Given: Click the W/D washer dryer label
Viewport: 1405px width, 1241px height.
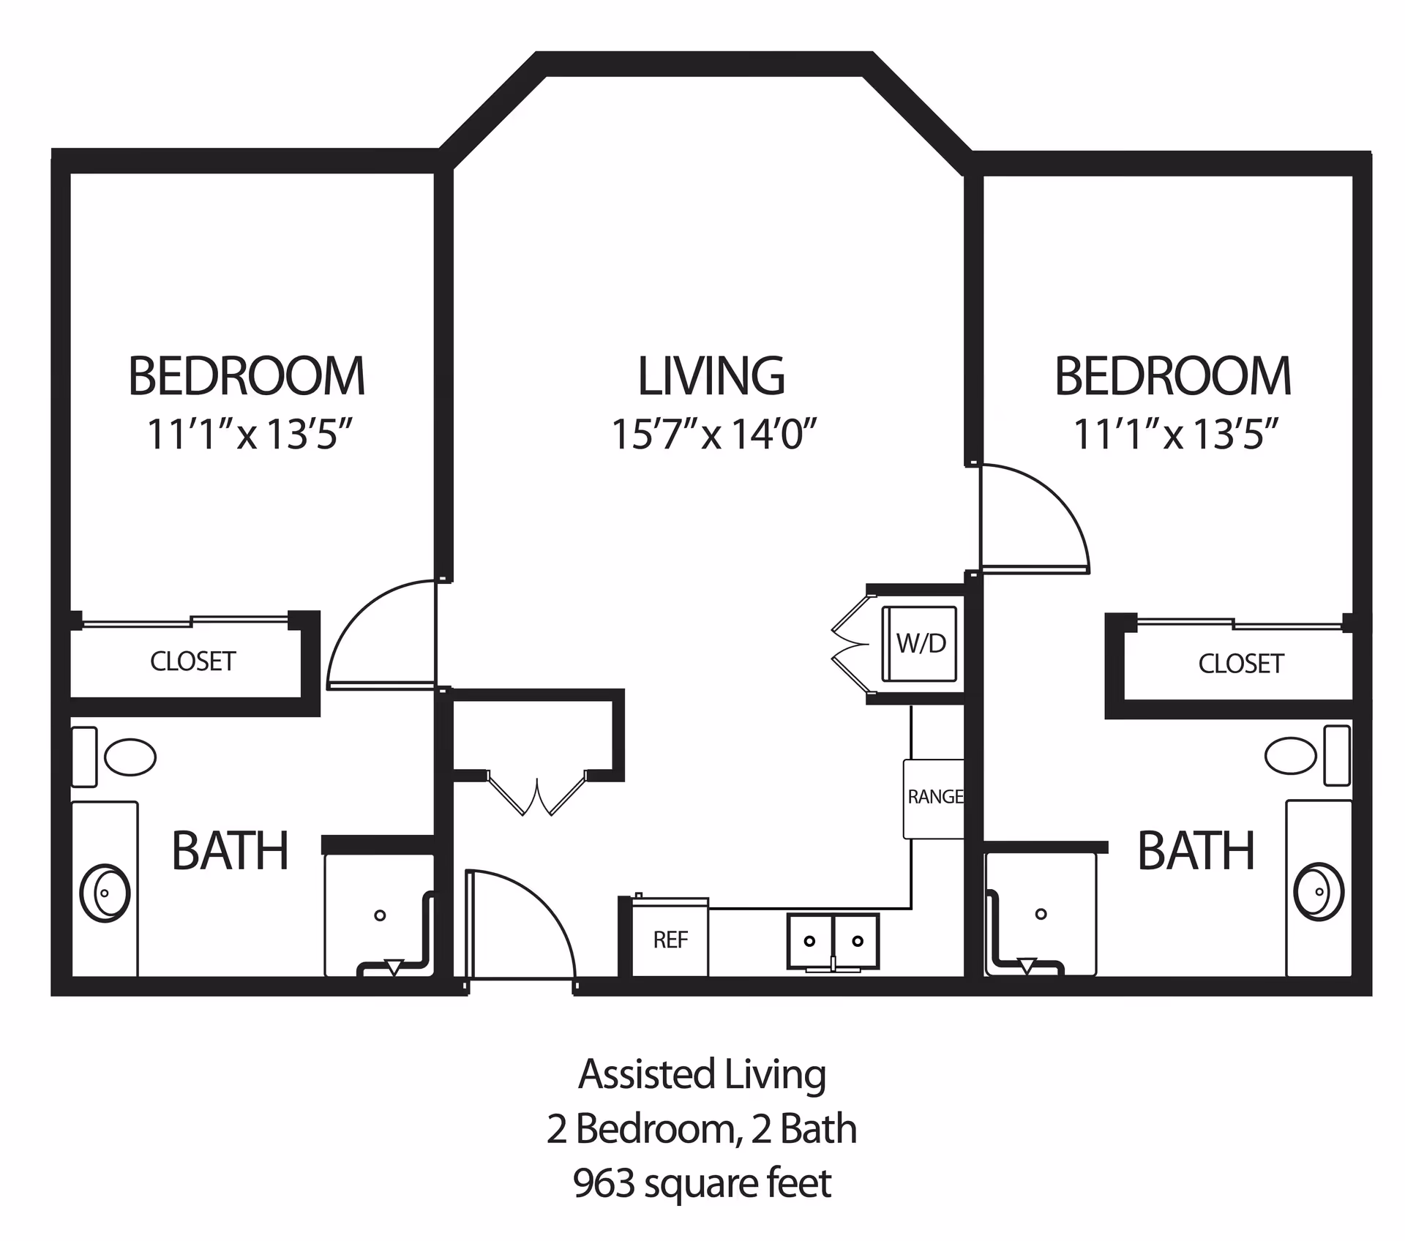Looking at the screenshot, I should [921, 644].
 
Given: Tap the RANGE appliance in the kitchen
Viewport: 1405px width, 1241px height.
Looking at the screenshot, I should [934, 798].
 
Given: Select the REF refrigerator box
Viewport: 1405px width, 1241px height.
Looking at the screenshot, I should [670, 940].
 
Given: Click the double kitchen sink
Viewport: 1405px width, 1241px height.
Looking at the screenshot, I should [833, 941].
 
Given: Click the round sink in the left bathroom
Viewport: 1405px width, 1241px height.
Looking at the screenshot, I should [105, 893].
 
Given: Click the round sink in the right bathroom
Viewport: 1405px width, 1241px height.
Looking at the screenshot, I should [1319, 892].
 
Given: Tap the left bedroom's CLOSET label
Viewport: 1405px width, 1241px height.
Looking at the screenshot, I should [192, 661].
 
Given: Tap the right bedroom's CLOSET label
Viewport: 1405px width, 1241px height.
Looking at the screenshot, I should [1240, 664].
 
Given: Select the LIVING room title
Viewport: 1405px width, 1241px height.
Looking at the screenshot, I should [711, 376].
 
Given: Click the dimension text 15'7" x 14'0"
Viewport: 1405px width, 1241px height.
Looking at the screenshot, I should [713, 434].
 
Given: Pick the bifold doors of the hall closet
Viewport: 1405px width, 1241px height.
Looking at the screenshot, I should [537, 794].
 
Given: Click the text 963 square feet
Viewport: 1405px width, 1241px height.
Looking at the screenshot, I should [702, 1183].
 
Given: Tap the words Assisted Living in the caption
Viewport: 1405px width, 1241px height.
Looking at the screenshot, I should [702, 1074].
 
